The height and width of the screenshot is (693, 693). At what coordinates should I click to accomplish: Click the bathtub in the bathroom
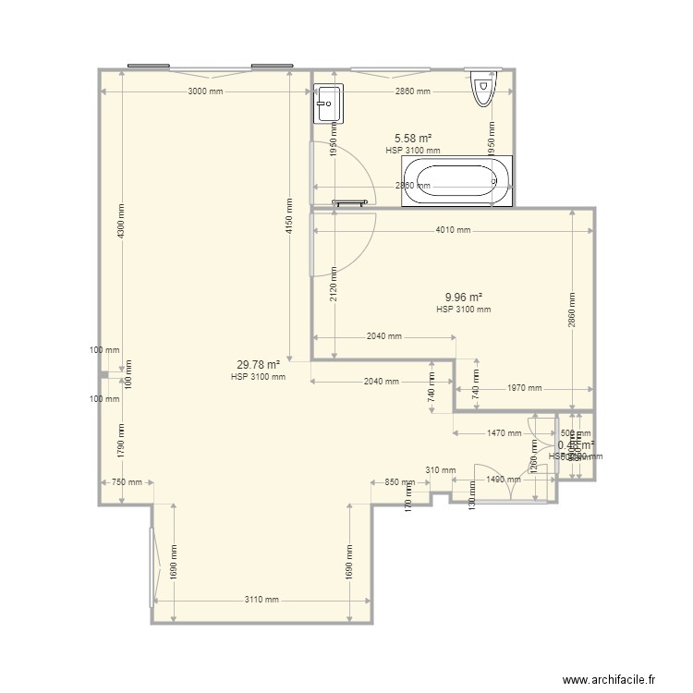[x=456, y=179]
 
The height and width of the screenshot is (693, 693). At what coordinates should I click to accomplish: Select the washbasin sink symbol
[x=328, y=103]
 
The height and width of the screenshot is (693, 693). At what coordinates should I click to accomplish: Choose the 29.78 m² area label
[x=258, y=364]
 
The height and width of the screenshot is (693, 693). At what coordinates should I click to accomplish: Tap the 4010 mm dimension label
[x=453, y=231]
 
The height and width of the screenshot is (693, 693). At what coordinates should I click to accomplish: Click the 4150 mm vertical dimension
[x=289, y=216]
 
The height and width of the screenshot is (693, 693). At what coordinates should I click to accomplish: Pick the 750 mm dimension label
[x=127, y=481]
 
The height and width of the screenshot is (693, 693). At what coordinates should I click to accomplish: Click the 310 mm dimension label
[x=441, y=470]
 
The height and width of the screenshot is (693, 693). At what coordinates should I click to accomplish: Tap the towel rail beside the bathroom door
[x=351, y=201]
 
